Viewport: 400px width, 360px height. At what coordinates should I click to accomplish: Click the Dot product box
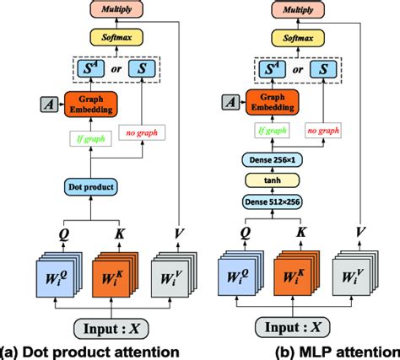coord(90,187)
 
